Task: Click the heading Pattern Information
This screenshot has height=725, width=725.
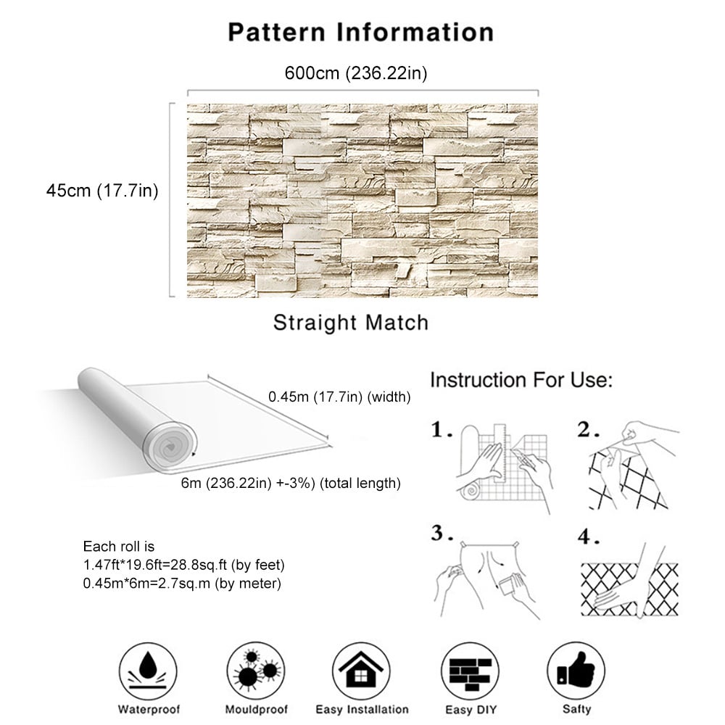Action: pos(361,33)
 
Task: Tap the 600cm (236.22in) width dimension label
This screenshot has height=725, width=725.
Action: pos(355,73)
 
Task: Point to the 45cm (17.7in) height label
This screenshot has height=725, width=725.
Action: pos(102,191)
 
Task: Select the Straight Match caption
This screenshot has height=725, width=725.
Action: pos(351,323)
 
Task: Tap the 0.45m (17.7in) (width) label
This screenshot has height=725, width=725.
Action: pos(339,397)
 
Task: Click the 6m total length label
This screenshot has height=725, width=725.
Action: pos(291,483)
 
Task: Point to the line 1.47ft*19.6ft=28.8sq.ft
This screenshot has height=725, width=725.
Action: pos(183,565)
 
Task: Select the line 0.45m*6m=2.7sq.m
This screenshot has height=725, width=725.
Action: pos(182,584)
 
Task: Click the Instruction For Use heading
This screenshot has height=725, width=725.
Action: pos(521,380)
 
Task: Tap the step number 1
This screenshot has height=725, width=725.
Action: pos(442,430)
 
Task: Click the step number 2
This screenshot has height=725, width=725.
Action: pos(588,430)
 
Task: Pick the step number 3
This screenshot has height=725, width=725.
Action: pos(442,533)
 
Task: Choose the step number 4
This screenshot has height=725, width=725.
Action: pos(589,536)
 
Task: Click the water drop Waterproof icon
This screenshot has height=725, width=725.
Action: pos(148,671)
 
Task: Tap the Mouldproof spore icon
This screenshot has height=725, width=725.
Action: pos(256,671)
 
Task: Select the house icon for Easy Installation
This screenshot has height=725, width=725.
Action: pos(361,671)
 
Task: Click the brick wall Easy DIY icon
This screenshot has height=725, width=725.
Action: pos(471,671)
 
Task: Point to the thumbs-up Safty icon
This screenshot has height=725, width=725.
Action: pos(576,671)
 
